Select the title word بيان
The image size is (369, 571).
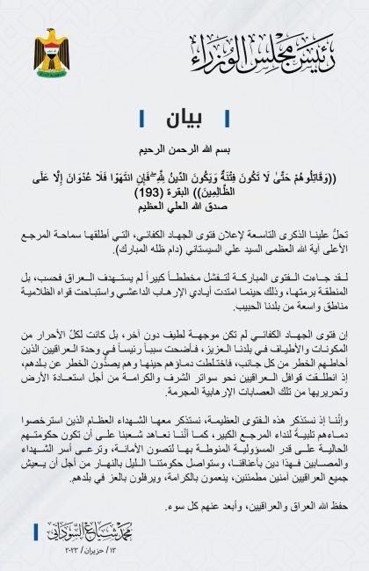pos(184,116)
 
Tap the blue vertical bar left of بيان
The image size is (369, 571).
pos(141,116)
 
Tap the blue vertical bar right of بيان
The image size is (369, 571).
pos(227,116)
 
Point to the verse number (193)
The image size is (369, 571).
pos(159,192)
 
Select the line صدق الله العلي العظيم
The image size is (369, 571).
pos(184,205)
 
